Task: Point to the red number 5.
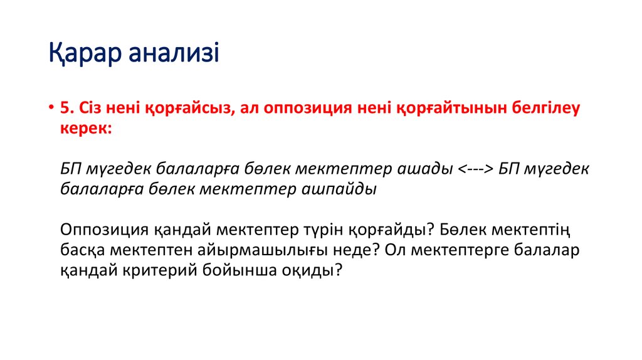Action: point(67,108)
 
